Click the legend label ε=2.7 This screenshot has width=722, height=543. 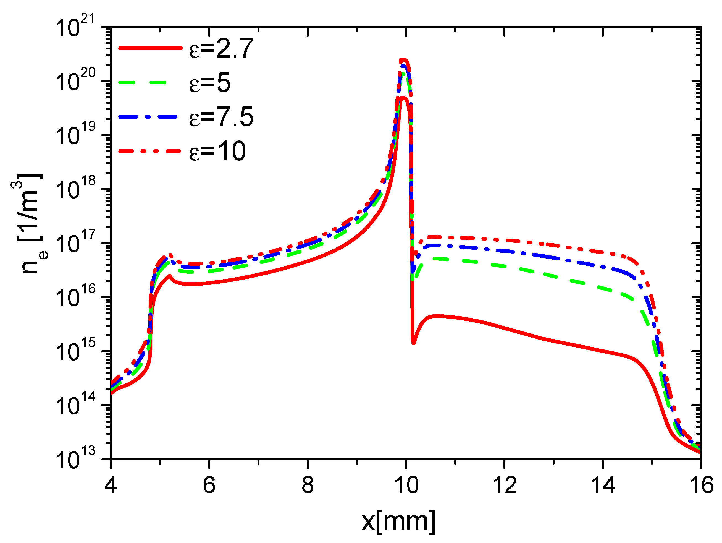pyautogui.click(x=221, y=49)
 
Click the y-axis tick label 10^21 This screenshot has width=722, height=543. pyautogui.click(x=75, y=27)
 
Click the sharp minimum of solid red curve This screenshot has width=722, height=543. pyautogui.click(x=414, y=343)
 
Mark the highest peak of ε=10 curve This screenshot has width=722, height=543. pyautogui.click(x=404, y=60)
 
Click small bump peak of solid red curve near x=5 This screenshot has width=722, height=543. pyautogui.click(x=170, y=276)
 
